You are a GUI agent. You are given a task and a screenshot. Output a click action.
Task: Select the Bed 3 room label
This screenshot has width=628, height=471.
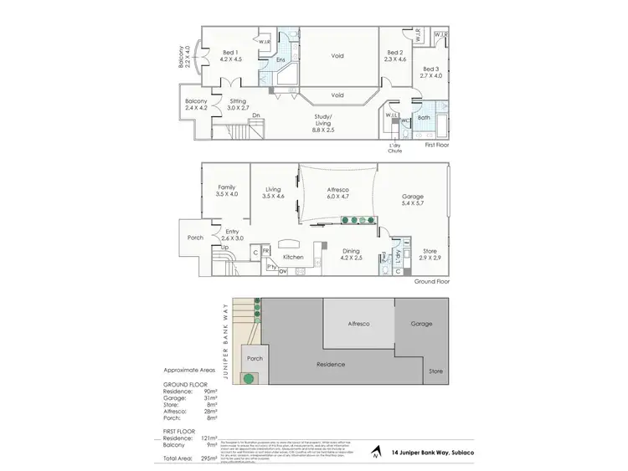[430, 72]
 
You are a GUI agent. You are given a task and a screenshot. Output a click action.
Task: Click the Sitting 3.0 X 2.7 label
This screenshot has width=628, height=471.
[239, 105]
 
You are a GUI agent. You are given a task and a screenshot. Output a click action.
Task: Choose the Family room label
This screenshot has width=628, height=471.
[226, 191]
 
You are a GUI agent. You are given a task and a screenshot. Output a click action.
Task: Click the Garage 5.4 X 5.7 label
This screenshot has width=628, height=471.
[412, 198]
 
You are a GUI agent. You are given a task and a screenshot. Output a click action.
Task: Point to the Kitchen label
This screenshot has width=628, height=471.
[292, 257]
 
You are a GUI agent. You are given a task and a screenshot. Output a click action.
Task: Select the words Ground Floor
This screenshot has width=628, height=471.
[430, 282]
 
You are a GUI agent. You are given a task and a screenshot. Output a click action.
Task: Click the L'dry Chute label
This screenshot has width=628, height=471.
[395, 149]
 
